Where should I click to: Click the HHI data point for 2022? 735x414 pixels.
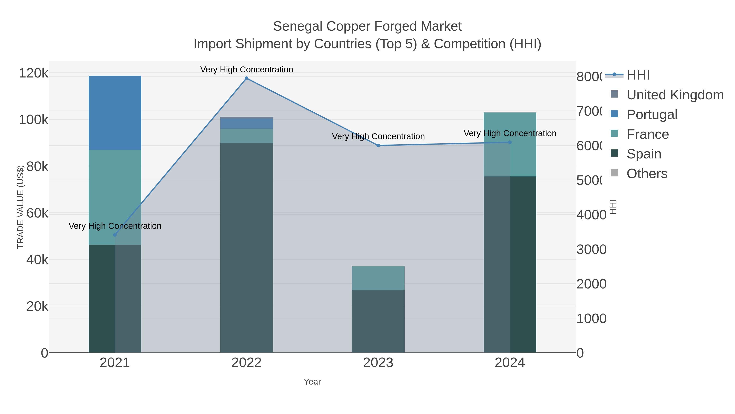[246, 78]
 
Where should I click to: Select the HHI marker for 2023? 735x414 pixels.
[378, 145]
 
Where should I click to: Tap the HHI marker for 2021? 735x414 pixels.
[115, 235]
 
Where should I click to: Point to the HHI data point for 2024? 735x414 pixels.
[510, 142]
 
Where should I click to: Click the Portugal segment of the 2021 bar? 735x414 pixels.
[115, 113]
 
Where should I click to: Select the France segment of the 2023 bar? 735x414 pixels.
[378, 278]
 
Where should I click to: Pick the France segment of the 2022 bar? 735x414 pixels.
[246, 136]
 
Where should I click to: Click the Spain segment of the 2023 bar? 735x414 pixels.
[378, 321]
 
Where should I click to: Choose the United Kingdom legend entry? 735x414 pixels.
[675, 95]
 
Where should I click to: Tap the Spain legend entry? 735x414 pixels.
[644, 154]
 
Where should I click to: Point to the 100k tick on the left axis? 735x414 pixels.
[34, 120]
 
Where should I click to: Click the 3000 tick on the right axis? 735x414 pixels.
[591, 249]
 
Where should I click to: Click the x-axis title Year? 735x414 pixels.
[312, 382]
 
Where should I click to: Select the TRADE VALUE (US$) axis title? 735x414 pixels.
[20, 207]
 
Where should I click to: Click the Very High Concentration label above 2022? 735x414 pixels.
[246, 70]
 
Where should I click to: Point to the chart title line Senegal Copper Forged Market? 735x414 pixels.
[367, 26]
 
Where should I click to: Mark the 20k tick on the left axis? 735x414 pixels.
[37, 307]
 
